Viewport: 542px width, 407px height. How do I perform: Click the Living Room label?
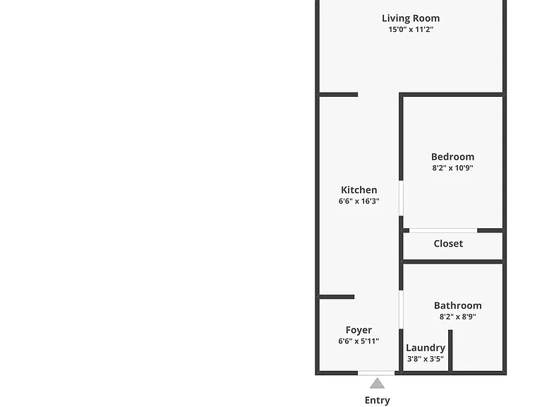click(x=411, y=18)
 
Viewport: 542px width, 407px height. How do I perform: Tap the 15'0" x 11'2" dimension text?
click(x=411, y=30)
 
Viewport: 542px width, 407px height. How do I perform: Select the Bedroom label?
click(x=452, y=157)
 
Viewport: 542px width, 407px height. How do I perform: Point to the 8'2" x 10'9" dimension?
click(x=452, y=168)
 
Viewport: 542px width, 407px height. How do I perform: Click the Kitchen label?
click(x=359, y=190)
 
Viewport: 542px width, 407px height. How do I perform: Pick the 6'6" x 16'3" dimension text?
click(x=359, y=201)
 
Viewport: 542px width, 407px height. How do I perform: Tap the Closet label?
click(x=448, y=244)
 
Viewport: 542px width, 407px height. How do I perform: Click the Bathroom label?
click(x=457, y=305)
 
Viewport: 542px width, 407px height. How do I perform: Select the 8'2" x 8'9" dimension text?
click(x=457, y=317)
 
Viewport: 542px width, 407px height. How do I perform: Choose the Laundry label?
click(x=426, y=348)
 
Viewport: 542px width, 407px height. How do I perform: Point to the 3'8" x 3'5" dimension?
click(x=426, y=359)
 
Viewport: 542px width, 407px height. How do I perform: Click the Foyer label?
click(x=359, y=331)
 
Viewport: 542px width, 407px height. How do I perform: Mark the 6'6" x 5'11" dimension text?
click(x=359, y=341)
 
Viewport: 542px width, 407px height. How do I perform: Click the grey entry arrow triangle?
click(x=377, y=384)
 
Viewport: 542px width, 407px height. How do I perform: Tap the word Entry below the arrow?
click(x=377, y=401)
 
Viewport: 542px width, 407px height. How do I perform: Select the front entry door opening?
click(x=376, y=373)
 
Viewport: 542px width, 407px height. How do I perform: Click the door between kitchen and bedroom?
click(x=401, y=199)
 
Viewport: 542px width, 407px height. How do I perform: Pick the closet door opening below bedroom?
click(x=443, y=230)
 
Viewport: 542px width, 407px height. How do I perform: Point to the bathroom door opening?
click(x=401, y=309)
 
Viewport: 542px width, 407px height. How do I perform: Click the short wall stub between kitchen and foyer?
click(x=336, y=297)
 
